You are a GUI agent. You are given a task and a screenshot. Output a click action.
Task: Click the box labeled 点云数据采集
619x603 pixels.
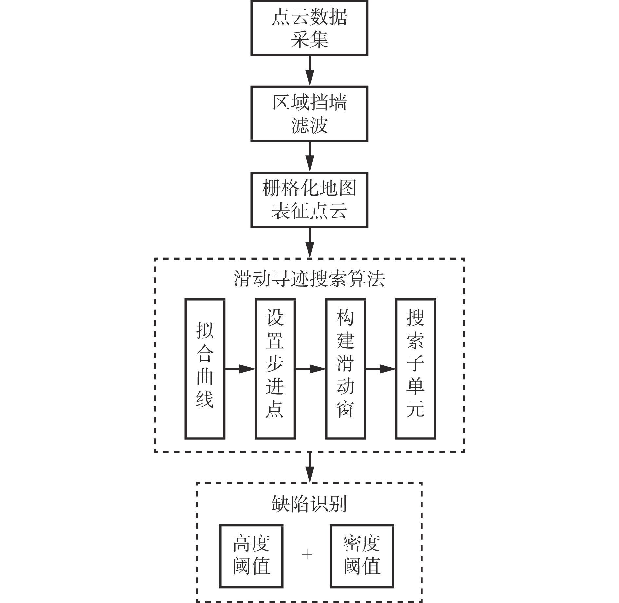[309, 28]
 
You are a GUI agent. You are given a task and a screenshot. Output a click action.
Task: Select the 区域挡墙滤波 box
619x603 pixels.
[309, 114]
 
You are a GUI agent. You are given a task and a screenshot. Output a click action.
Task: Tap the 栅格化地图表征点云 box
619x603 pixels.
[309, 200]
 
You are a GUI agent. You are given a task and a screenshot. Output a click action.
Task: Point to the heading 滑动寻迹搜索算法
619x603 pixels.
[309, 279]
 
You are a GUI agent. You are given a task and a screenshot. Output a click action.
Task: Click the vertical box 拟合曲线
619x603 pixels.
[205, 369]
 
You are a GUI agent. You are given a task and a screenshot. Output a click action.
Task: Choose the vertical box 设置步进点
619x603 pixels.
[275, 369]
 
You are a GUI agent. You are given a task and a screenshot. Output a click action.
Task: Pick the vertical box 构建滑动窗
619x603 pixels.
[345, 369]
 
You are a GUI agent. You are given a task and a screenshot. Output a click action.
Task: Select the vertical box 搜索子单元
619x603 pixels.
[416, 369]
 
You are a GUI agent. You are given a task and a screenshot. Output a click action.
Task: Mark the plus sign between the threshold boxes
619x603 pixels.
[307, 554]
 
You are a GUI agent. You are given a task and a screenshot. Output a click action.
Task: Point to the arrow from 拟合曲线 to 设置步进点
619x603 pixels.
[240, 369]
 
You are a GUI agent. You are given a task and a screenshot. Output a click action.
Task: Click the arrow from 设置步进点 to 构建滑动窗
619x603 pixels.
[310, 369]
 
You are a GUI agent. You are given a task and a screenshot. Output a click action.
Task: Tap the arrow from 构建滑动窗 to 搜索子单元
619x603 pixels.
[381, 369]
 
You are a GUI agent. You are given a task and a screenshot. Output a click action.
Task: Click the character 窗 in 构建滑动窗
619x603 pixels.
[345, 410]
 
